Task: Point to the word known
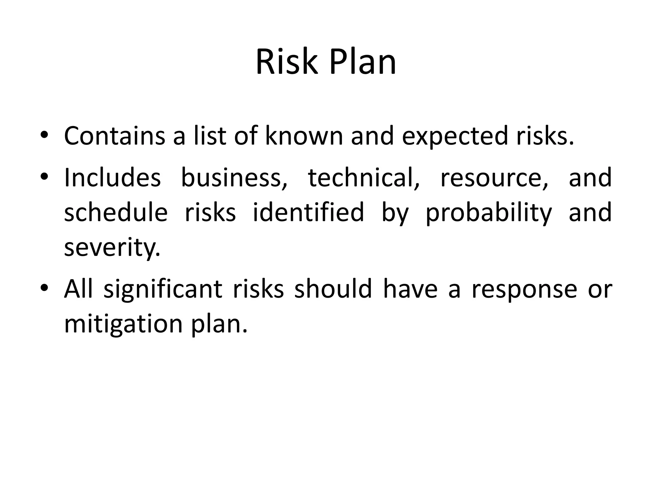304,136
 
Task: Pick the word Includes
112,177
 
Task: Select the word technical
364,177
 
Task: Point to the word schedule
116,212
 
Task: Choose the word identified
308,212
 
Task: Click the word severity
112,248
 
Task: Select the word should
333,289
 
